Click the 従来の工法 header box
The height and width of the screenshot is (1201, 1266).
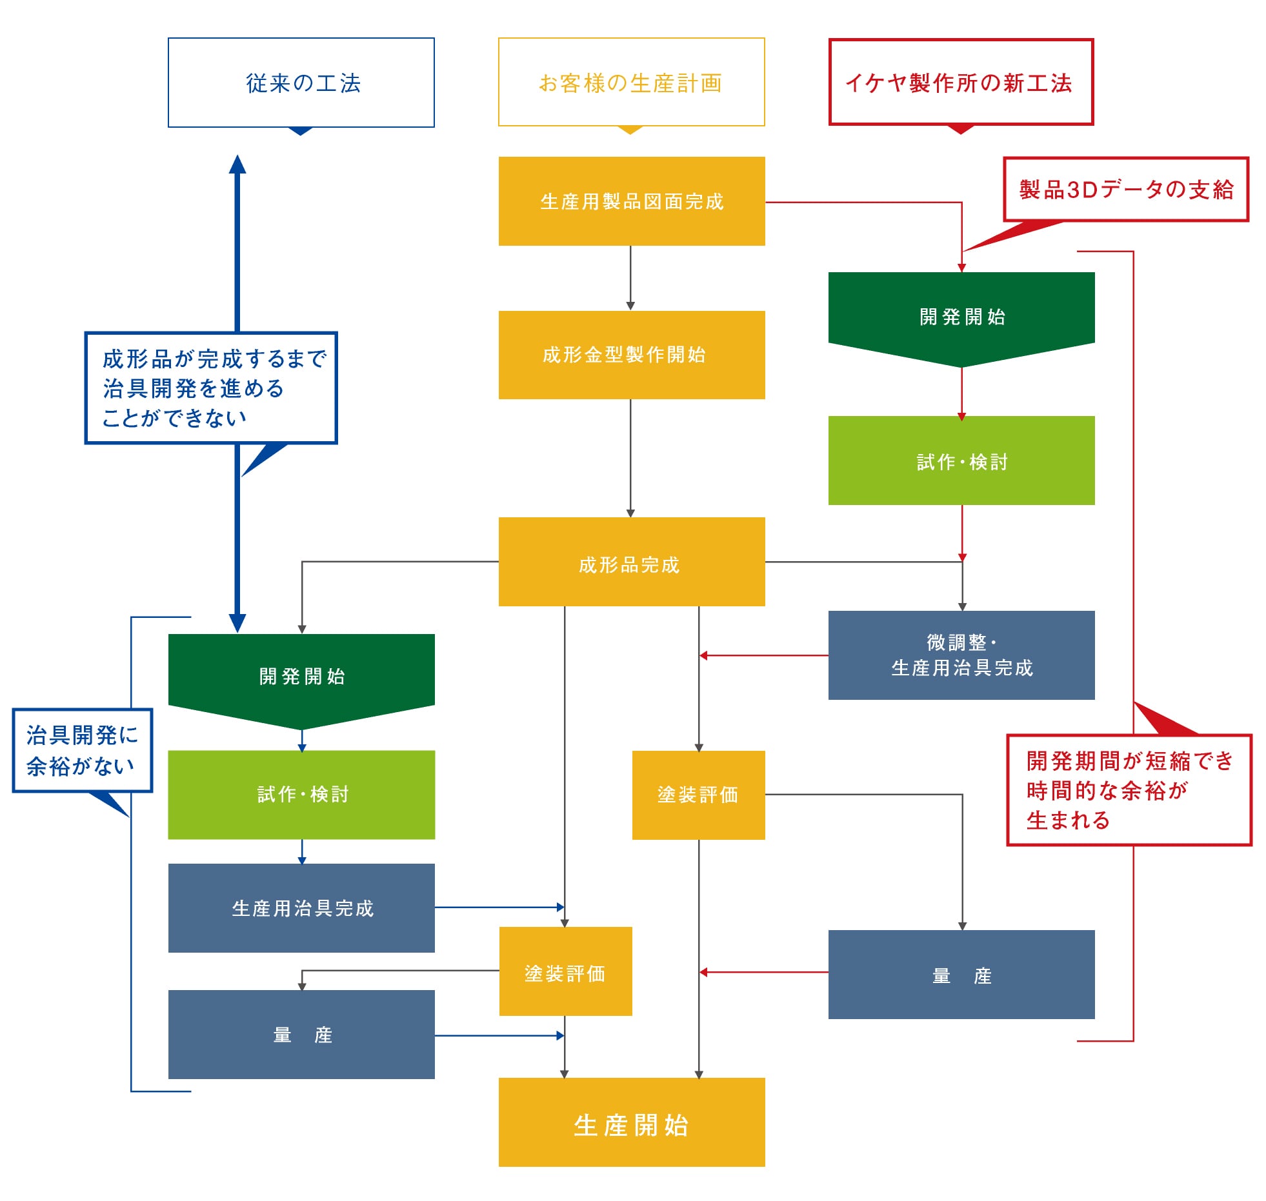click(301, 83)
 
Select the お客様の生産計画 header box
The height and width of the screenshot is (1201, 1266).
click(631, 83)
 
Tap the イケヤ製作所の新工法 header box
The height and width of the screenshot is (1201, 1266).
click(961, 83)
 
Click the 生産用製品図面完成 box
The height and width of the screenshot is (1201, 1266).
click(631, 201)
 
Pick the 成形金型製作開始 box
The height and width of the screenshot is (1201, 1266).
click(631, 355)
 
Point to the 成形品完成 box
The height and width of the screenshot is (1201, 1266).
click(631, 562)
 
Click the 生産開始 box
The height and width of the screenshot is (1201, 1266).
click(631, 1122)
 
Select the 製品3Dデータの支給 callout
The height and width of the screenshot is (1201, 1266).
click(1126, 190)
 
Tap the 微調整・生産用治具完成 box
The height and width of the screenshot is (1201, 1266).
click(961, 655)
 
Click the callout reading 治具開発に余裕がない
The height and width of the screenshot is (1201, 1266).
click(83, 750)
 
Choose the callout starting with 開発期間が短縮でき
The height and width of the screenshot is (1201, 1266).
click(1129, 790)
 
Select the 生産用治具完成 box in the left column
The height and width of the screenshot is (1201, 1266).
click(301, 908)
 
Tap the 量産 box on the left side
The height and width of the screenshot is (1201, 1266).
click(301, 1035)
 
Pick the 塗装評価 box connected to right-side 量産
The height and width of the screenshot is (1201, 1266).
click(698, 795)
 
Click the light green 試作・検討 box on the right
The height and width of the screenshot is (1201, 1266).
click(961, 461)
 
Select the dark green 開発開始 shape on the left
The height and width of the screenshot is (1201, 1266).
click(301, 675)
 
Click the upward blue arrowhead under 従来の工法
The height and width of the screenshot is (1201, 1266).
click(237, 165)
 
